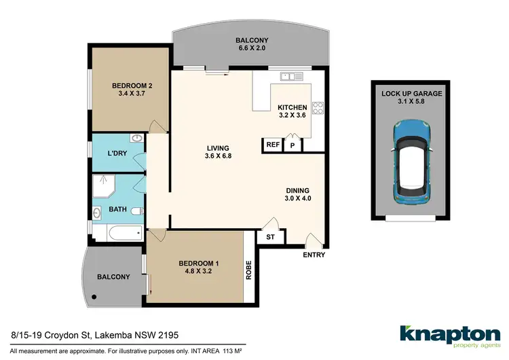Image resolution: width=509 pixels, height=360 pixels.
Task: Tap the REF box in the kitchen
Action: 273,145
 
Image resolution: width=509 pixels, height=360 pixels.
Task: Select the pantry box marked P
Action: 293,145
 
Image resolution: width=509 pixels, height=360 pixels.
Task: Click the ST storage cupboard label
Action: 270,237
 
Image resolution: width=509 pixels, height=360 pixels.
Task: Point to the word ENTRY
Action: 314,255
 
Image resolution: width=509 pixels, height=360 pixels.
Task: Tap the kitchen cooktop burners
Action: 316,107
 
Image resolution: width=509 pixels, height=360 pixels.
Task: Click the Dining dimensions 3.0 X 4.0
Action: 297,200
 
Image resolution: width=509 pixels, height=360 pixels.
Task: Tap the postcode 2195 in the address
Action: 169,335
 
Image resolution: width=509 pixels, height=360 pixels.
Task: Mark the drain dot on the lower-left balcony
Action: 96,297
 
